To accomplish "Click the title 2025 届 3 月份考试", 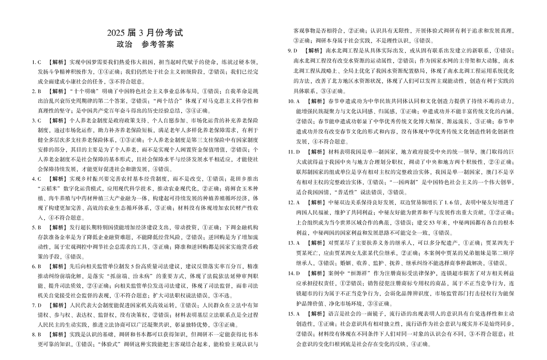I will click(145, 33).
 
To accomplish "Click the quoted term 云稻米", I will click(51, 188).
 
